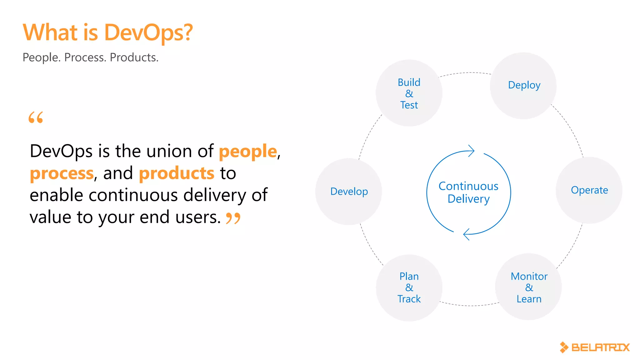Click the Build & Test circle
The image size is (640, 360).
[x=409, y=93]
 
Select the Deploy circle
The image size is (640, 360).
[x=523, y=86]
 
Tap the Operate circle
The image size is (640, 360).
[x=589, y=190]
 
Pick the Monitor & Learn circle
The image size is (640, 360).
[x=528, y=287]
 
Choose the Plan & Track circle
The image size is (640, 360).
[x=409, y=287]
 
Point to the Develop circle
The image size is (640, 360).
[x=349, y=191]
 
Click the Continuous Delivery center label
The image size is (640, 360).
[x=468, y=192]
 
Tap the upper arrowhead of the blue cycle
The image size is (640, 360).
[x=471, y=151]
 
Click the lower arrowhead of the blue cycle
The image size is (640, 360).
[x=466, y=234]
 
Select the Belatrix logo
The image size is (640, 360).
[x=595, y=347]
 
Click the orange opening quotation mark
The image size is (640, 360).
[x=36, y=117]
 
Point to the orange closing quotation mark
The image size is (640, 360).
[x=233, y=218]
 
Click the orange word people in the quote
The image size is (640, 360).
[x=248, y=152]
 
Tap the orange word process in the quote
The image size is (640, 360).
[x=62, y=173]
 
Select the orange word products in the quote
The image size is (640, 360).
[x=177, y=173]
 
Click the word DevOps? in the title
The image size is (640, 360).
[x=148, y=32]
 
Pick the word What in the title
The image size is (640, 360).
[x=50, y=32]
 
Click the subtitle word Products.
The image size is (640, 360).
[x=134, y=57]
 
